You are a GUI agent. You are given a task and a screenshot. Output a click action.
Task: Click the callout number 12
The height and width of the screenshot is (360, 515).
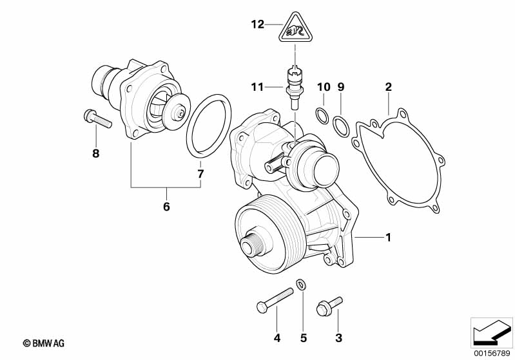coord(258,24)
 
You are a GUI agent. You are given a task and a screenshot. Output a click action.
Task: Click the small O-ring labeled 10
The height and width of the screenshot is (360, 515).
coord(322,115)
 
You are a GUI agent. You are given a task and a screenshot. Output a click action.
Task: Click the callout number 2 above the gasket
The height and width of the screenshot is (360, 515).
coord(388,87)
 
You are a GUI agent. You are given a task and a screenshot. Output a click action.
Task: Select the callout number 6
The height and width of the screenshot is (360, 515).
coord(166,207)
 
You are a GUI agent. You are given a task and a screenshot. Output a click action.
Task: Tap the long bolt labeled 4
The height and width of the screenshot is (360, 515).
coord(275,300)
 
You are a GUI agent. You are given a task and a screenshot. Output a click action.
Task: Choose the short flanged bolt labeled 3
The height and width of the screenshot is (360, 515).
coord(329,307)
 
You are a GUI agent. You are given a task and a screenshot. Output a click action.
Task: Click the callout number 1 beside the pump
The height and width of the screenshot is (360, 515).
coord(388,237)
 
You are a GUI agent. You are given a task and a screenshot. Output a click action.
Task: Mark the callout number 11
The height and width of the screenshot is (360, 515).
coord(258,87)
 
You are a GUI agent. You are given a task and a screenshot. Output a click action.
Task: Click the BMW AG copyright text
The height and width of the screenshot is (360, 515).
coord(44,343)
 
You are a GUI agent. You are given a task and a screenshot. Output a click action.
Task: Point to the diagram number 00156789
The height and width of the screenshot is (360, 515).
coord(492,354)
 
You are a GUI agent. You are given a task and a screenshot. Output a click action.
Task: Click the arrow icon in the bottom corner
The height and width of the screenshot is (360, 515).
coord(491,333)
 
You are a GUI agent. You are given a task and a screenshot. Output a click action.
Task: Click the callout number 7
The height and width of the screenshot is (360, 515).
coord(200,174)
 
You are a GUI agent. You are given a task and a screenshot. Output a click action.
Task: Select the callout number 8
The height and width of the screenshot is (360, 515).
coord(95,153)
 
